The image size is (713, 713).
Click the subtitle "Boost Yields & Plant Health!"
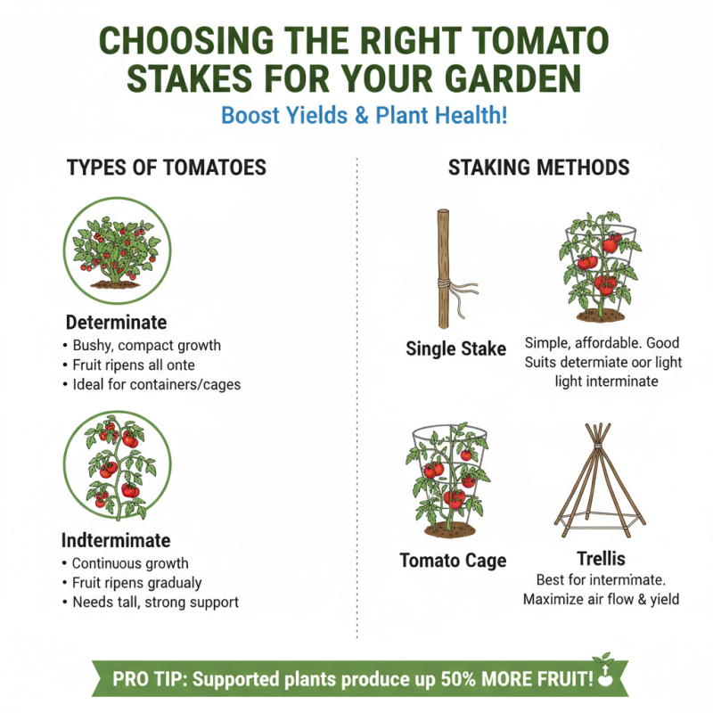coord(364,116)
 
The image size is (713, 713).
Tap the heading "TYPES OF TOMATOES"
coord(167,168)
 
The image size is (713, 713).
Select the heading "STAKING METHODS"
coord(538,168)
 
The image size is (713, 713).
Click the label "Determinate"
coord(116,323)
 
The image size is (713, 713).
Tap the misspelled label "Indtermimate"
coord(116,540)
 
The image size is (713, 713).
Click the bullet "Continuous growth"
coord(130,563)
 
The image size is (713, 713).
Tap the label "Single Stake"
coord(455,348)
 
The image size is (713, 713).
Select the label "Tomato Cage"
coord(453,561)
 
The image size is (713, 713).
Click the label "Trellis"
coord(601,559)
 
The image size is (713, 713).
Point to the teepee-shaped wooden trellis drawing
coord(598,481)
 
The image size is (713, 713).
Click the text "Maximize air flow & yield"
coord(601,599)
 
